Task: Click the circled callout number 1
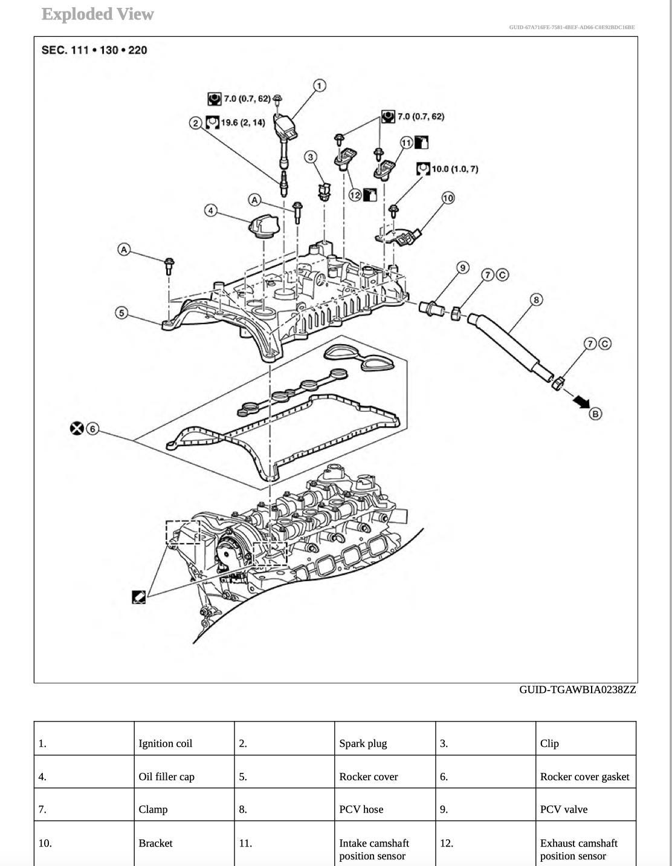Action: (x=319, y=86)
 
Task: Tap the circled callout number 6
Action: (x=92, y=429)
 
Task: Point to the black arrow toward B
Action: (x=581, y=402)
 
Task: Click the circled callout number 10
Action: (x=447, y=198)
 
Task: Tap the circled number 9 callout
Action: (x=462, y=268)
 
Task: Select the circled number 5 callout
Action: (x=122, y=313)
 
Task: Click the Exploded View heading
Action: (x=97, y=15)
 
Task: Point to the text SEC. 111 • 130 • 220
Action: (x=94, y=50)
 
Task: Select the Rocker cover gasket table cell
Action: (x=585, y=776)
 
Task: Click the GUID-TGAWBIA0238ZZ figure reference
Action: (x=577, y=689)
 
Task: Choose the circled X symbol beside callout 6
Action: (x=77, y=429)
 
